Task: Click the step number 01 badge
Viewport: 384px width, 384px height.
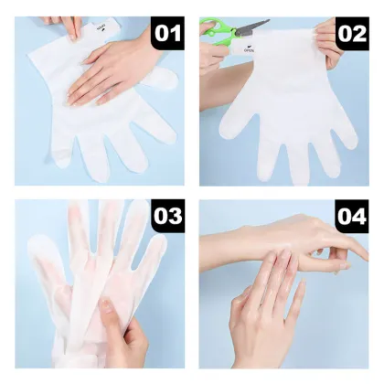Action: pyautogui.click(x=167, y=34)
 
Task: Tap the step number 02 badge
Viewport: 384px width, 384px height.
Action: pyautogui.click(x=351, y=34)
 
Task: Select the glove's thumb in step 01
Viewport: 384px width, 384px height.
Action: pyautogui.click(x=162, y=82)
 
